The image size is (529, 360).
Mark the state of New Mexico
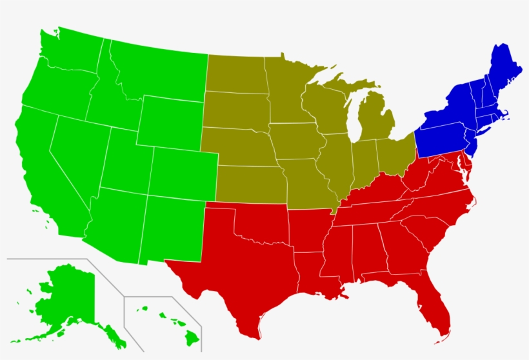pyautogui.click(x=171, y=226)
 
